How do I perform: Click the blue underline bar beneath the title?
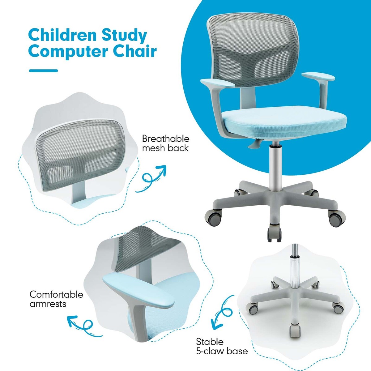tap(43, 71)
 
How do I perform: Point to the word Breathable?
tap(165, 139)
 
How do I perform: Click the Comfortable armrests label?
tap(56, 299)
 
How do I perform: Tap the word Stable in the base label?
tap(210, 342)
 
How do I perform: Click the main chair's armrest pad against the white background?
tap(318, 76)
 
